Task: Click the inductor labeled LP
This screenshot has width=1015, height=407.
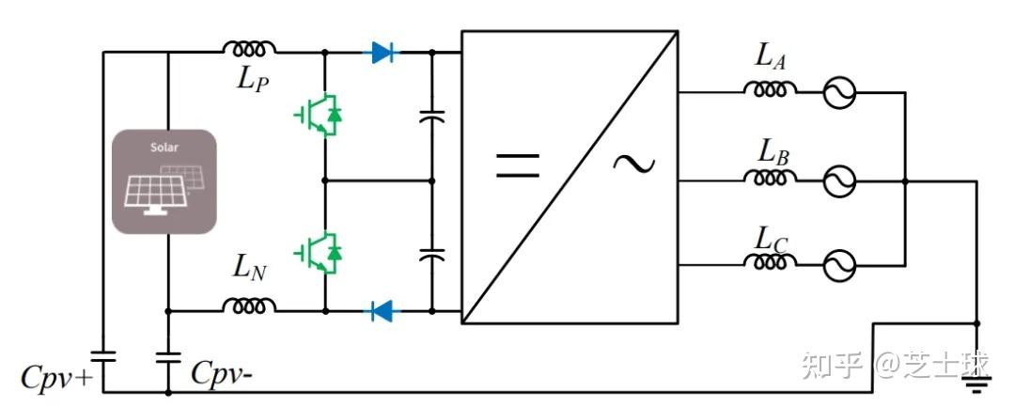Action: pos(249,48)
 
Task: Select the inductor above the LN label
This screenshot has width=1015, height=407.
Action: pos(249,305)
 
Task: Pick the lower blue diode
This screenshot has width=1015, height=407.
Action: pos(383,311)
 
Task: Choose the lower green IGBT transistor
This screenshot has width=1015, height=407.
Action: pos(319,253)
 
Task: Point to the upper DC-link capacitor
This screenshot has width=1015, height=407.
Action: pos(432,117)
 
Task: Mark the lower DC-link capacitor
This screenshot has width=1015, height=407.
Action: pos(432,254)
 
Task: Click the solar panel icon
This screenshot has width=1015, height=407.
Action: pos(164,181)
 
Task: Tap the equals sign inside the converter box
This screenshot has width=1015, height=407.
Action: pos(517,165)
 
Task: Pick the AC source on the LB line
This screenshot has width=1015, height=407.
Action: pos(839,181)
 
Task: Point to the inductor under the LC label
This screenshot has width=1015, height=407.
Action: pos(771,260)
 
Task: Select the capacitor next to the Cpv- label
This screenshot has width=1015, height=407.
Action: pos(168,357)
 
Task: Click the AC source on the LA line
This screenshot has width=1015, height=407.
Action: pos(839,93)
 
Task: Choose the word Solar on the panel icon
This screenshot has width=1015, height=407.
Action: pos(164,148)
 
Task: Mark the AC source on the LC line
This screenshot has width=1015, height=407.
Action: pos(839,265)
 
